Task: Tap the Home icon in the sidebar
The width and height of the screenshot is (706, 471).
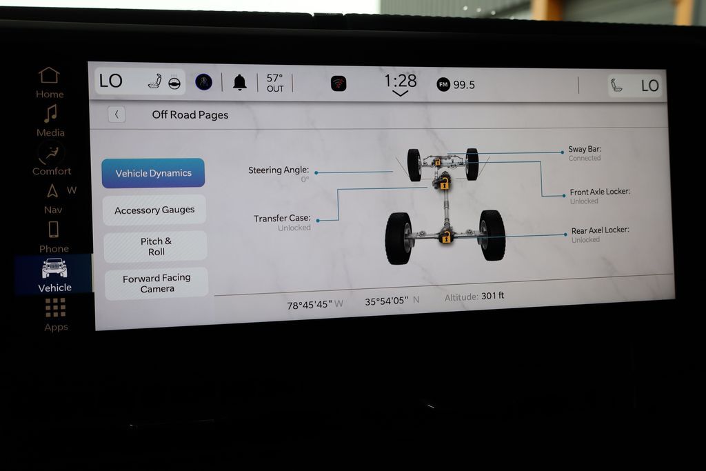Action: (49, 75)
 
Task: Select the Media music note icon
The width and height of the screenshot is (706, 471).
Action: (50, 113)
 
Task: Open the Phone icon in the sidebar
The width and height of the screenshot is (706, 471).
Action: (53, 229)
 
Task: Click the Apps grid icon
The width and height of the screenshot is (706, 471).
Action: (56, 308)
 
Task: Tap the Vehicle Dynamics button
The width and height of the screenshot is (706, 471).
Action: (153, 173)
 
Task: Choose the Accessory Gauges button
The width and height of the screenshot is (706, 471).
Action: (154, 210)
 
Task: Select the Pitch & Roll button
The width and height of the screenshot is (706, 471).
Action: (156, 246)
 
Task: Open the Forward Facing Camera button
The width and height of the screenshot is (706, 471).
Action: (157, 283)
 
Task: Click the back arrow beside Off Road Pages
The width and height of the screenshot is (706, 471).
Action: (117, 114)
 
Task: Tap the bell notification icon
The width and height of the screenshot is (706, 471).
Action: (239, 83)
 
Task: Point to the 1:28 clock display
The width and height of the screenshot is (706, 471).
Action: (400, 81)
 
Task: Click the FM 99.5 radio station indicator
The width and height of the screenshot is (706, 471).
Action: (456, 84)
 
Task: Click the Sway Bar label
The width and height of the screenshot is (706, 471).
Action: (585, 149)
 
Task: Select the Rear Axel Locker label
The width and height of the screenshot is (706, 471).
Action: (600, 230)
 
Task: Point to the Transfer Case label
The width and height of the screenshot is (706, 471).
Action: (282, 218)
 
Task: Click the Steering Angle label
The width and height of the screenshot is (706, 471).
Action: (279, 170)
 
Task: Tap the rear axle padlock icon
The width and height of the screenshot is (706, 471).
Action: (446, 237)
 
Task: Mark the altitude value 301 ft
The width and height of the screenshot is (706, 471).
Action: (493, 296)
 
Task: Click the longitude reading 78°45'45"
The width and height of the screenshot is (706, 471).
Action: (310, 304)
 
